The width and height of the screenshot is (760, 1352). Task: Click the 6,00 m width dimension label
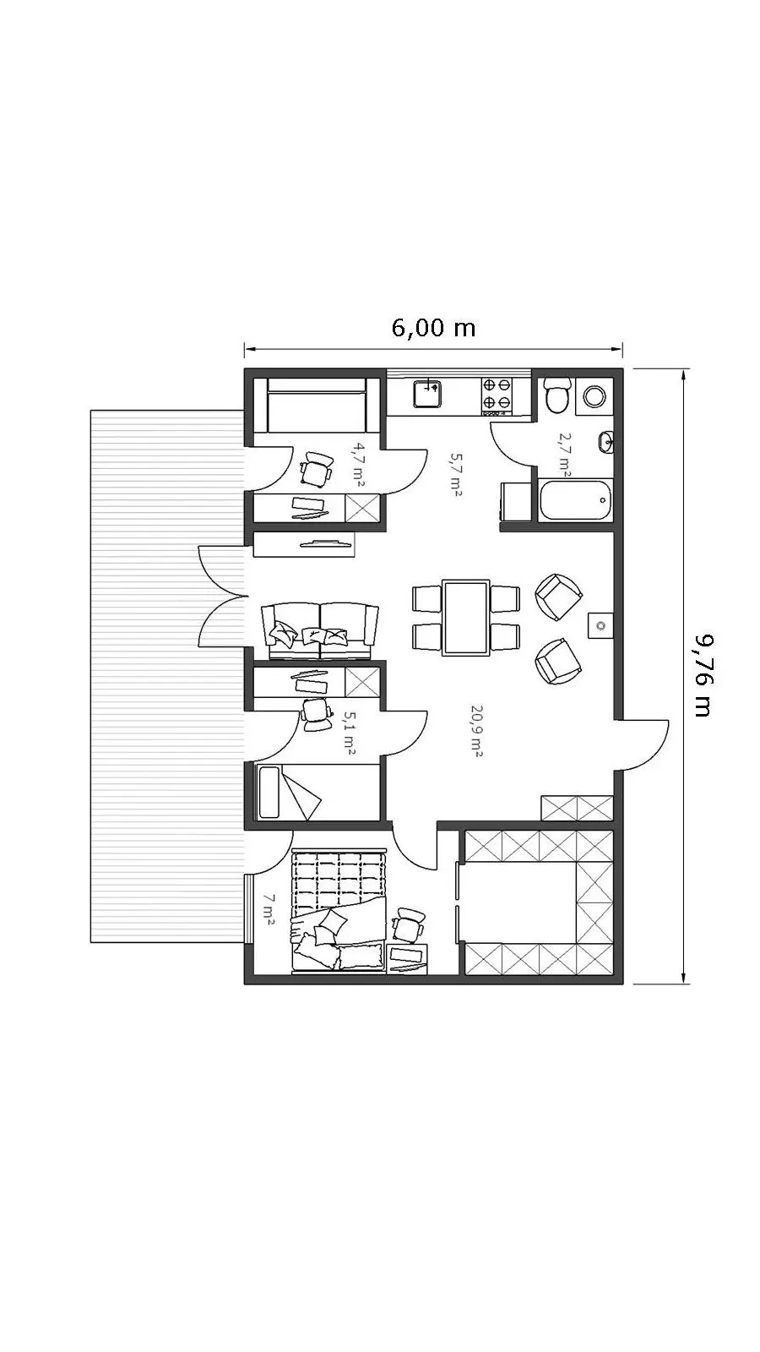click(x=434, y=328)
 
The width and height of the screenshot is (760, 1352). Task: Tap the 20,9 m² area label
click(x=475, y=730)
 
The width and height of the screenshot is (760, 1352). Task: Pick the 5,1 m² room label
click(x=348, y=733)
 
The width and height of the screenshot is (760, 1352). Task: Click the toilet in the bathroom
click(x=556, y=395)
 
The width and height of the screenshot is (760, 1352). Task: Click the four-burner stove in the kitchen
click(x=497, y=396)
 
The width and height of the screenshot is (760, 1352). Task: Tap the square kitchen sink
click(x=427, y=393)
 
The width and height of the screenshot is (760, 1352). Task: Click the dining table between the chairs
click(x=465, y=618)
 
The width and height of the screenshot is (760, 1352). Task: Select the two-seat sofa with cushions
click(x=320, y=630)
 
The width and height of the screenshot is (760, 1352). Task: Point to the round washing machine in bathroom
click(x=594, y=396)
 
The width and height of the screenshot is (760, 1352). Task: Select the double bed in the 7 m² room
click(x=339, y=911)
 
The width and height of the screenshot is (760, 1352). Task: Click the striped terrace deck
click(x=168, y=676)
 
